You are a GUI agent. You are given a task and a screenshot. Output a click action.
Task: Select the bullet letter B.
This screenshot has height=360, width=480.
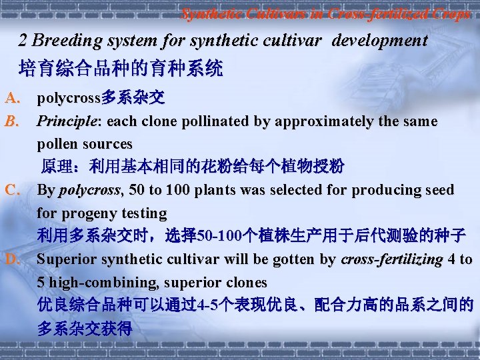pyautogui.click(x=12, y=121)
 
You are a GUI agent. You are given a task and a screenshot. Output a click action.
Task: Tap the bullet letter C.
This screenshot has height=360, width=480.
pyautogui.click(x=13, y=190)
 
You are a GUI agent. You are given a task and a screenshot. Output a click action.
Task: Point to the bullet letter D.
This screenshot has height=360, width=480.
pyautogui.click(x=13, y=259)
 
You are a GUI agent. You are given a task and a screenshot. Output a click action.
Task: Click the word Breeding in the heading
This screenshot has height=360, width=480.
pyautogui.click(x=63, y=41)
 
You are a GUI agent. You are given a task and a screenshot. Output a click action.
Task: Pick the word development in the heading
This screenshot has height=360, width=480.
pyautogui.click(x=379, y=41)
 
